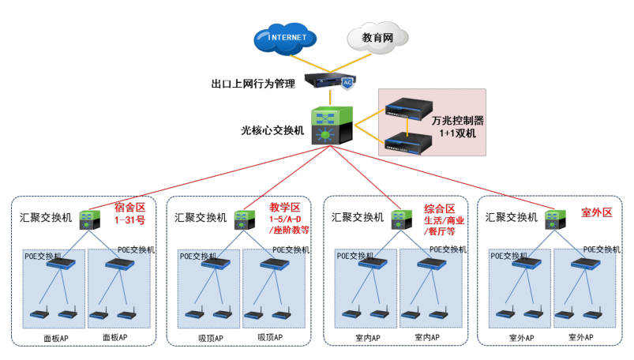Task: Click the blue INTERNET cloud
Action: pyautogui.click(x=286, y=37)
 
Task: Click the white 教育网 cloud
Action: pyautogui.click(x=377, y=37)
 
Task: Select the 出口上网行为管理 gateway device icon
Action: pyautogui.click(x=328, y=81)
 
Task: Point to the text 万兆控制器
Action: pyautogui.click(x=457, y=121)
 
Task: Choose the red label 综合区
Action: pyautogui.click(x=440, y=207)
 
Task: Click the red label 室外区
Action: pyautogui.click(x=597, y=212)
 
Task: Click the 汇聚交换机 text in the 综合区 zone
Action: pyautogui.click(x=358, y=217)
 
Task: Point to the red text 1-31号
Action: pyautogui.click(x=131, y=219)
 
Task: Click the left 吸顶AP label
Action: pyautogui.click(x=210, y=338)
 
